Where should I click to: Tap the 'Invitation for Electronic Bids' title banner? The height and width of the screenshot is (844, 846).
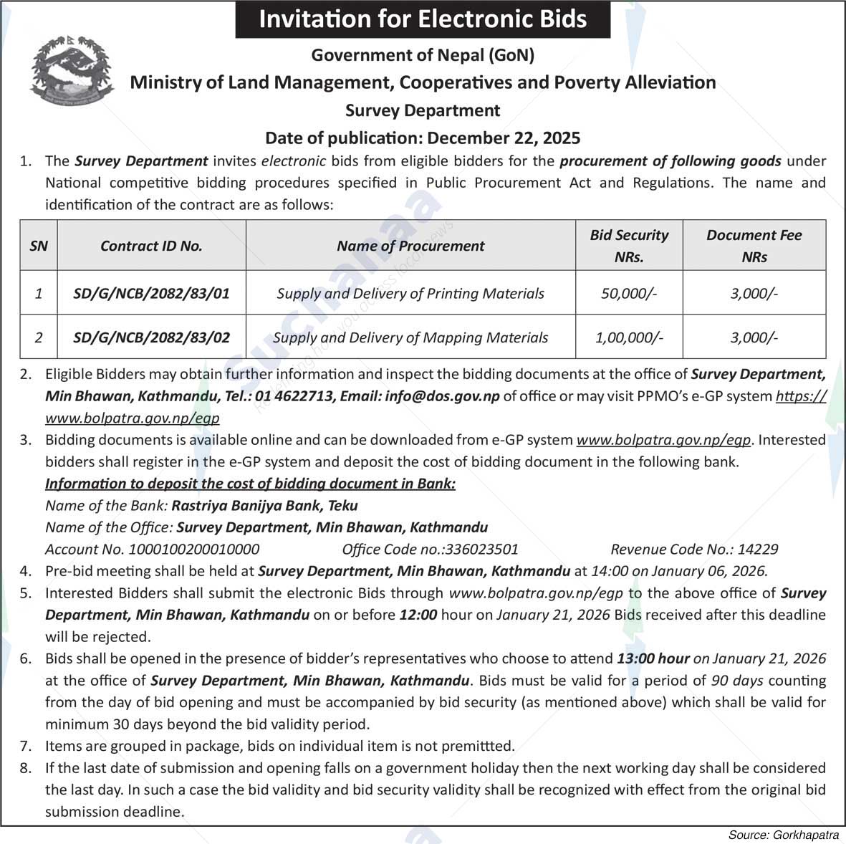point(423,19)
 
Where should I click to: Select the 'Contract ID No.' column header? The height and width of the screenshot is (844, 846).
point(151,246)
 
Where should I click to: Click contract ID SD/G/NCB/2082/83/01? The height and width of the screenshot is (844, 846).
point(151,293)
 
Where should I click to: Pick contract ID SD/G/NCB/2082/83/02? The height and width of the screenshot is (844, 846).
point(151,337)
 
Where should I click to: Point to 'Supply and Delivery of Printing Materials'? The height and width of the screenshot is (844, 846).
point(410,293)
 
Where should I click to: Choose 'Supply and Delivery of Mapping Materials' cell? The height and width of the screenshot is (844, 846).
point(410,337)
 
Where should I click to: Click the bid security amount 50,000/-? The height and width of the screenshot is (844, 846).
point(629,293)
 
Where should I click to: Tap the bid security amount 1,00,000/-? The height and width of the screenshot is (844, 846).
point(629,337)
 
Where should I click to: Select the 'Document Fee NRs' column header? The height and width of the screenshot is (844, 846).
point(754,246)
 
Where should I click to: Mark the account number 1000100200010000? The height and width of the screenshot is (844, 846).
point(193,550)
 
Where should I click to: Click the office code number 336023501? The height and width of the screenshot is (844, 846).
point(481,550)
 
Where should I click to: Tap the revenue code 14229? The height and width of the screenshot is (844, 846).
point(757,550)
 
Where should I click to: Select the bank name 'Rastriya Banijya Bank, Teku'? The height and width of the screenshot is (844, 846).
point(264,506)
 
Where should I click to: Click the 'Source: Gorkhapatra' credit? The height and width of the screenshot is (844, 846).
point(784,835)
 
